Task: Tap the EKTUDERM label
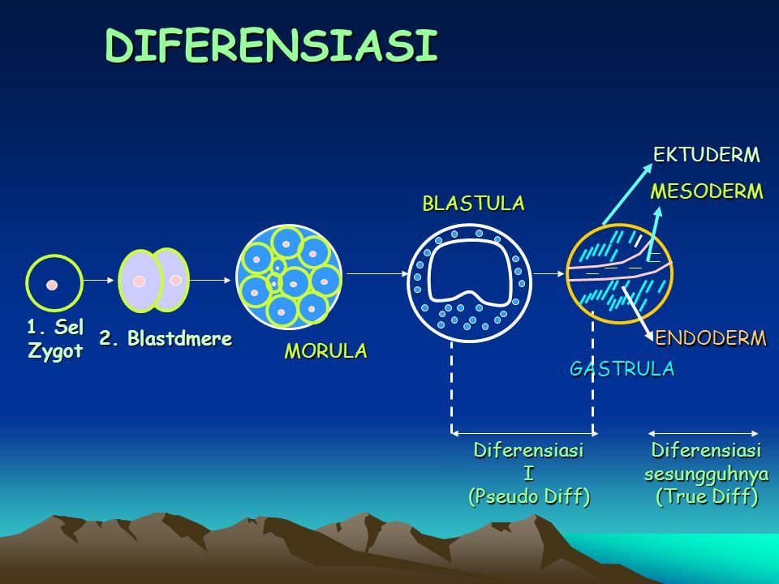click(x=707, y=154)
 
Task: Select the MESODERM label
click(x=708, y=191)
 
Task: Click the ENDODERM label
click(x=710, y=338)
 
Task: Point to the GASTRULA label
click(x=622, y=369)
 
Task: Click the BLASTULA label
click(x=473, y=204)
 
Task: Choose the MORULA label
click(x=325, y=351)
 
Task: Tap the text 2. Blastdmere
click(x=166, y=338)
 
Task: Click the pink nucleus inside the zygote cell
click(x=52, y=285)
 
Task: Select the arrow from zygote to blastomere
click(x=101, y=280)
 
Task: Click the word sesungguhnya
click(x=707, y=473)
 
